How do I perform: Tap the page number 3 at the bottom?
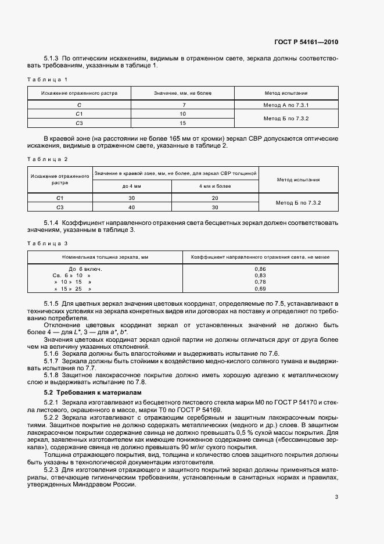tap(336, 497)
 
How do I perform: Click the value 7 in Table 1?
tap(182, 105)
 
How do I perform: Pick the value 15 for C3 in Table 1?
tap(182, 123)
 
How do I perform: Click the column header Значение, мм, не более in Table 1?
tap(182, 92)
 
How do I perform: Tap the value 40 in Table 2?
tap(131, 207)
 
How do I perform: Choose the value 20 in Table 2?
tap(215, 198)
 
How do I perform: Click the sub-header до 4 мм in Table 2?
tap(131, 186)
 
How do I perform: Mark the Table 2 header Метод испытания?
tap(299, 180)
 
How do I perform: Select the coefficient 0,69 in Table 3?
tap(260, 289)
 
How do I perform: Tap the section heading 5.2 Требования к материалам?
tap(84, 393)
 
